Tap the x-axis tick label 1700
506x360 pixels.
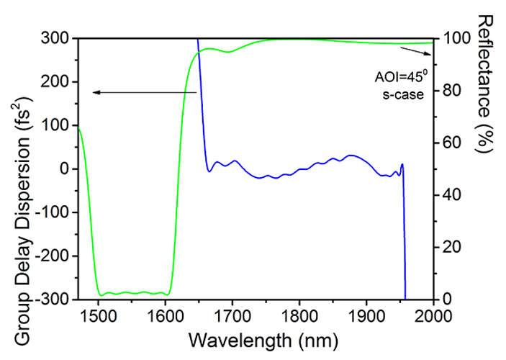pos(232,313)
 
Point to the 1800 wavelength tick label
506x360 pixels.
pos(299,313)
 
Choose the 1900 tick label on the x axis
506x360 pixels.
pos(366,313)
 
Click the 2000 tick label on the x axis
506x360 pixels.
pos(433,313)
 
